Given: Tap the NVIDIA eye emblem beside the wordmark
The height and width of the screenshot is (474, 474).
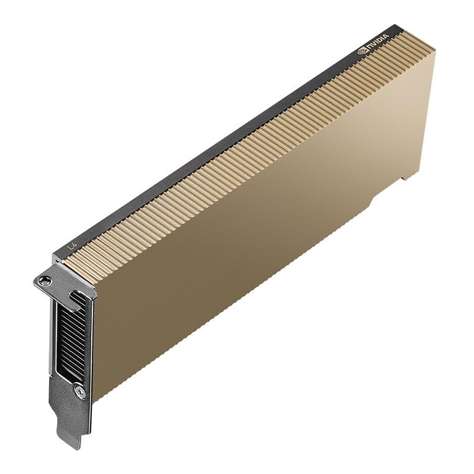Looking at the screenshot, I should [x=363, y=52].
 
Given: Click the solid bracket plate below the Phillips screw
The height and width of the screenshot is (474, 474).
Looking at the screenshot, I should [x=74, y=412].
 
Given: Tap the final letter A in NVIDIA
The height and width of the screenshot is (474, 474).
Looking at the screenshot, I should [x=387, y=37].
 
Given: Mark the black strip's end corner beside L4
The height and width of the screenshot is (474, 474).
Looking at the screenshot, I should [x=55, y=256].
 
